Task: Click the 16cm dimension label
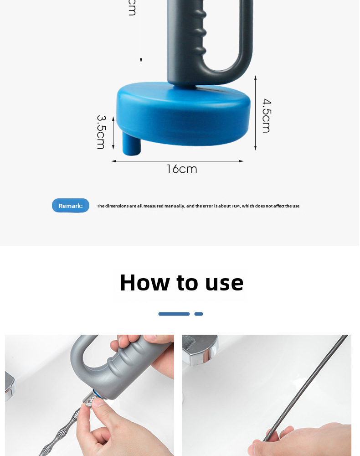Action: (182, 169)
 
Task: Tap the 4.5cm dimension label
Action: (267, 115)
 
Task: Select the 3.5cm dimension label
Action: (101, 132)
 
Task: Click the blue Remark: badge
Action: (71, 206)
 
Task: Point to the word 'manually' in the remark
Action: (175, 206)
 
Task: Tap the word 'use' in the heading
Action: (224, 284)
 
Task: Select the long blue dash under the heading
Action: (174, 314)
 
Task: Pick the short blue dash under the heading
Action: (199, 314)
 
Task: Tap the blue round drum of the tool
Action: (183, 114)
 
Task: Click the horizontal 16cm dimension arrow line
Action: (178, 161)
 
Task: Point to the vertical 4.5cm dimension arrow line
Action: (255, 113)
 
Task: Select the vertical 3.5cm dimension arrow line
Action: (113, 133)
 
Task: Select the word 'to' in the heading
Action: (187, 283)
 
